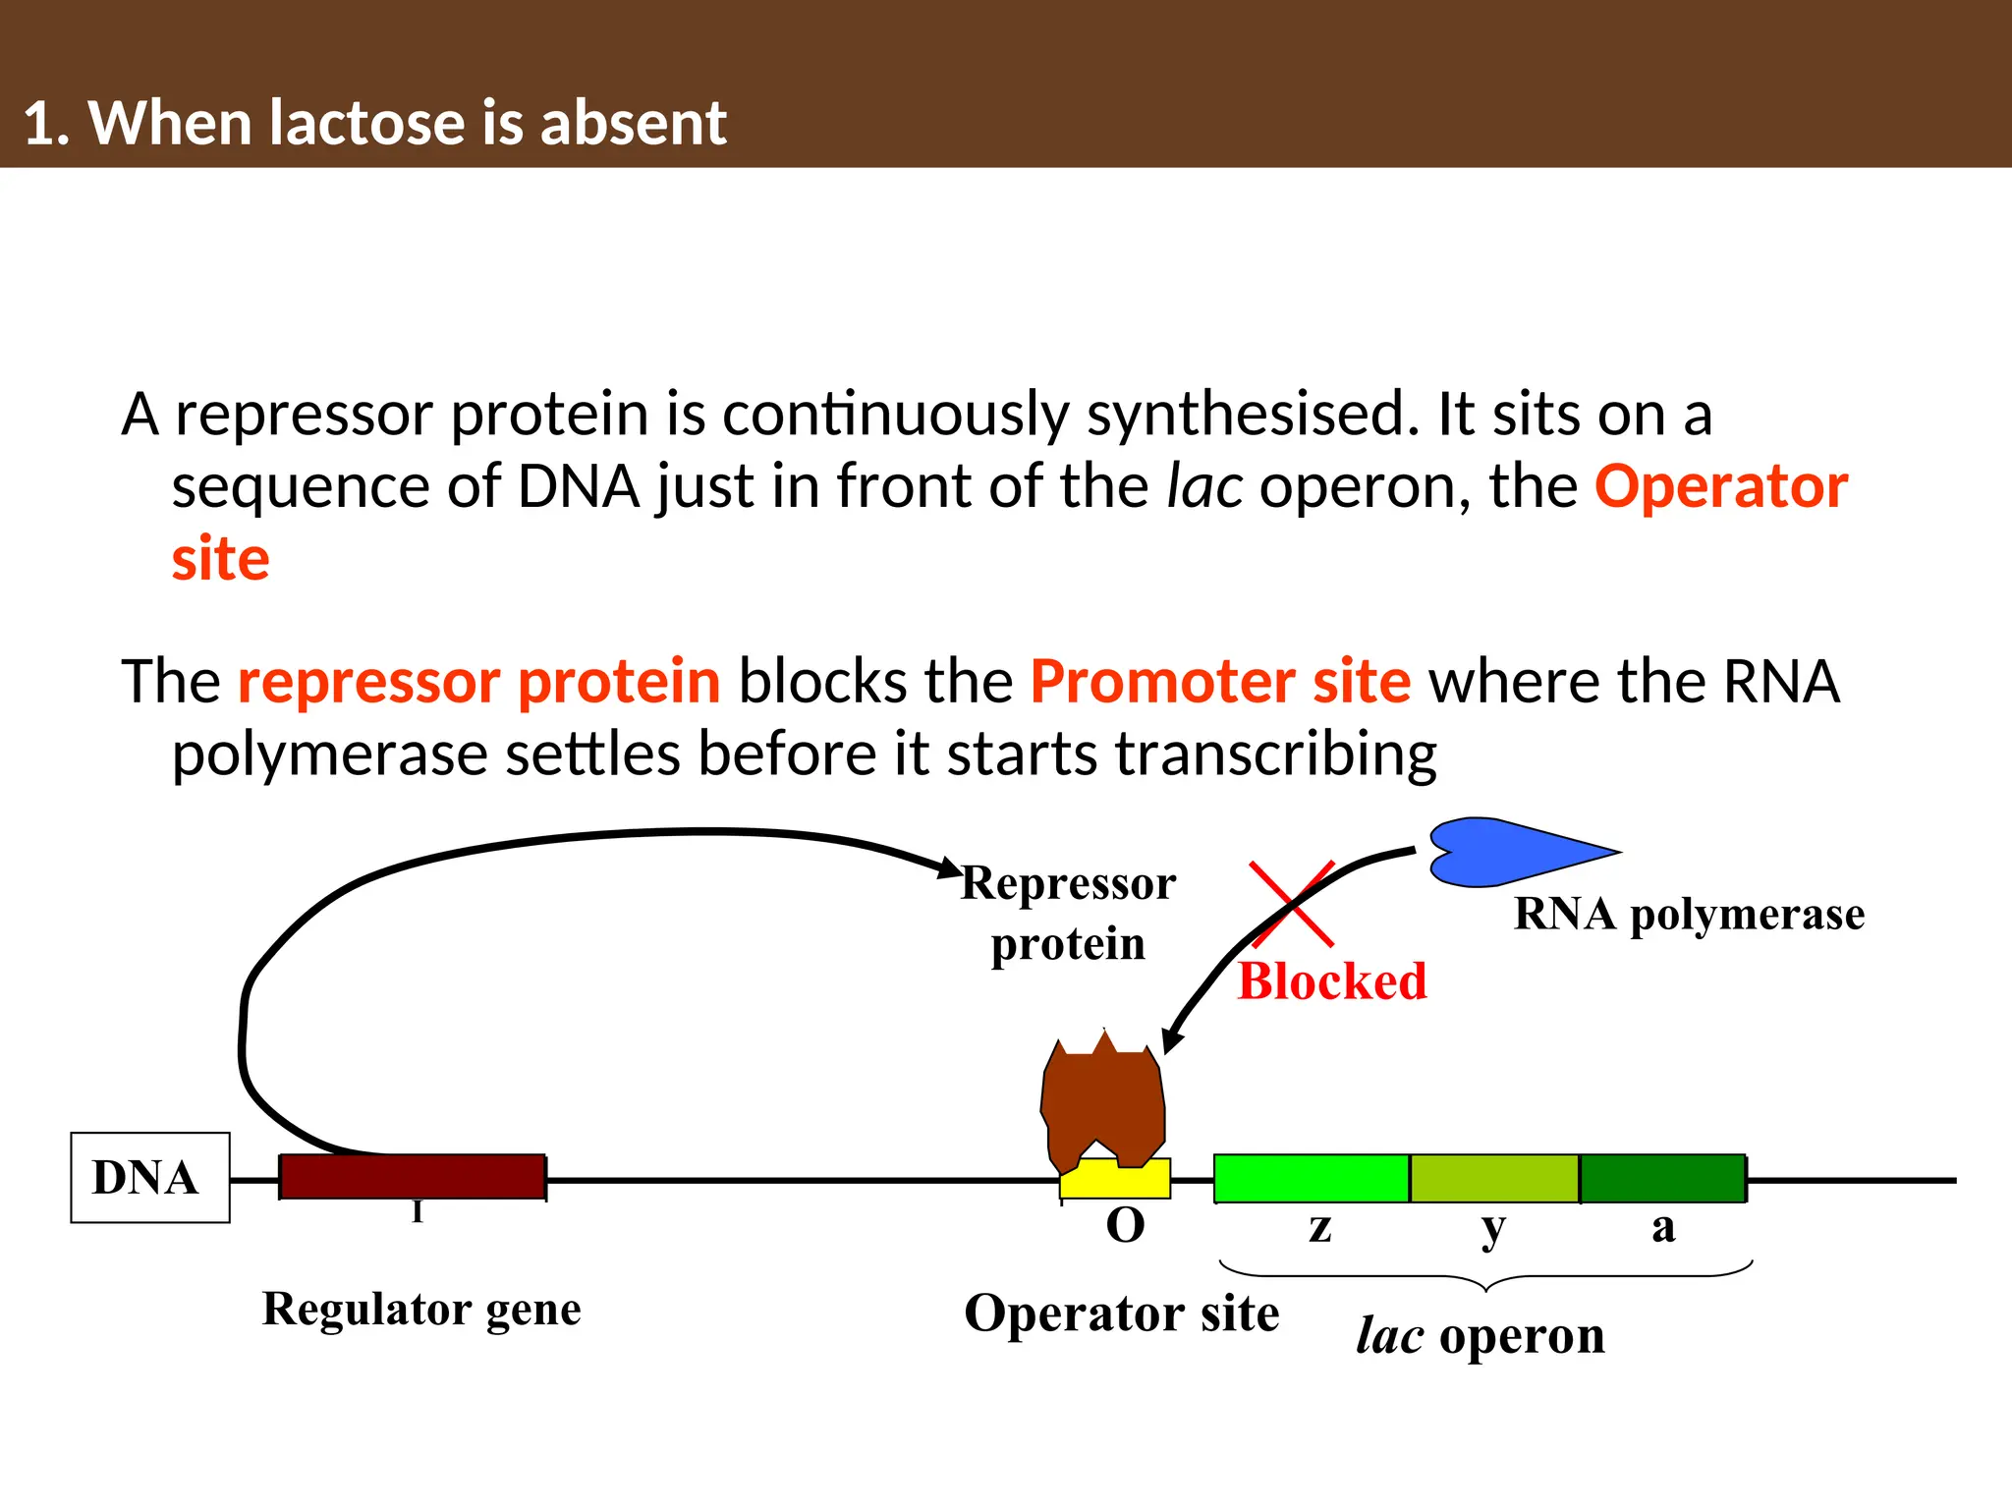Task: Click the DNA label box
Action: (x=149, y=1177)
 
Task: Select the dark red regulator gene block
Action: (x=413, y=1177)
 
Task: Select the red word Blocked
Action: (x=1331, y=981)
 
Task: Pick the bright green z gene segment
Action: (x=1311, y=1179)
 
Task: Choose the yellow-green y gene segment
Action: (x=1493, y=1179)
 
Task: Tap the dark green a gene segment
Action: (x=1662, y=1179)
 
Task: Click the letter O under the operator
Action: (x=1125, y=1226)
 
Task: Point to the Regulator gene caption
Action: (x=421, y=1310)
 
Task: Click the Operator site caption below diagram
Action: (x=1121, y=1313)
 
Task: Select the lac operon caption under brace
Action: (x=1480, y=1336)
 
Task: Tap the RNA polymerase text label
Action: (x=1689, y=915)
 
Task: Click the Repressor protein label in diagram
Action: (x=1068, y=913)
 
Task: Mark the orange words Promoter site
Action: (x=1220, y=681)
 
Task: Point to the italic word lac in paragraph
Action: (x=1203, y=486)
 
